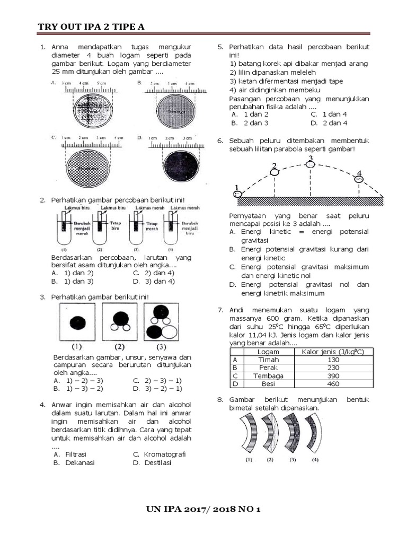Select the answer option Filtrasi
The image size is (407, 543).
76,454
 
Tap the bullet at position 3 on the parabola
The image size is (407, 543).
311,164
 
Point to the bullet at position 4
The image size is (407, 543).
359,179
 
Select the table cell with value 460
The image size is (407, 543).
333,383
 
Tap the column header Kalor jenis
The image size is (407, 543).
333,352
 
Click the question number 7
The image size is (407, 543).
220,310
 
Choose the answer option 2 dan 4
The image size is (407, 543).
333,123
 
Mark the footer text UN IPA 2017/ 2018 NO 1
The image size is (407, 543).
203,510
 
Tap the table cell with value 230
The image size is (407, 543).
333,368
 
